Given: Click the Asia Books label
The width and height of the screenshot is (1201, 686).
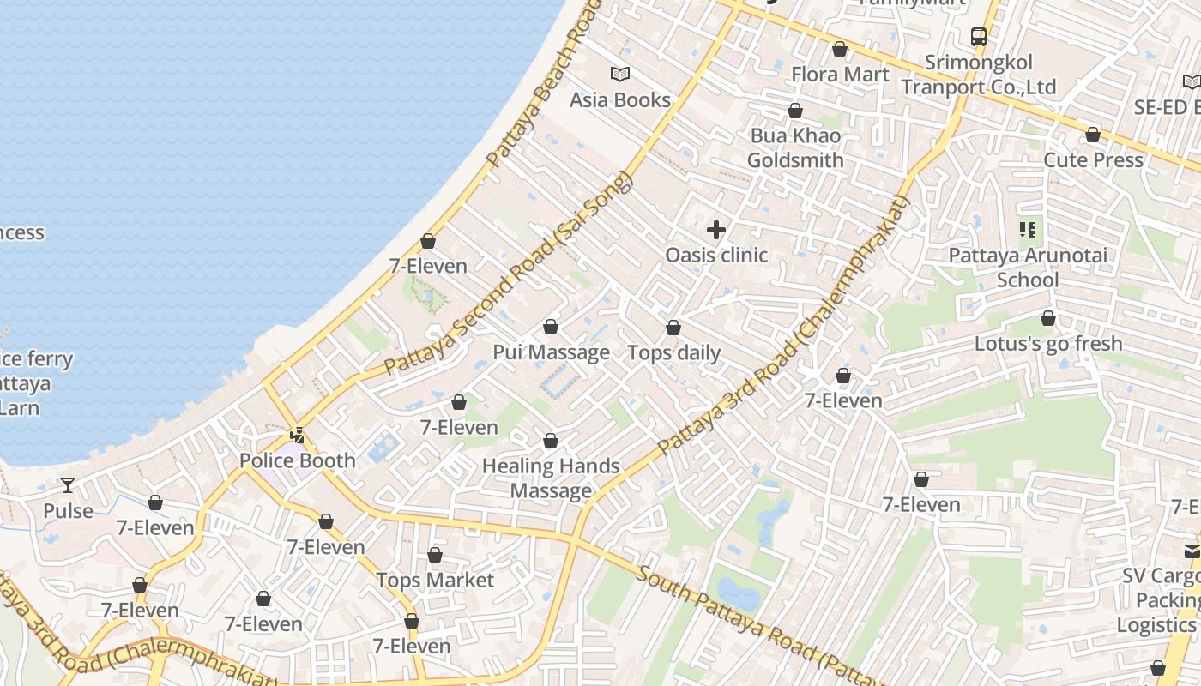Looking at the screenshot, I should point(620,100).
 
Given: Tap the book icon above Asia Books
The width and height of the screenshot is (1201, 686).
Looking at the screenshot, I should point(620,75).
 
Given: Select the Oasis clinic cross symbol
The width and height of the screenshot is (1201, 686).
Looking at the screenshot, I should point(716,230).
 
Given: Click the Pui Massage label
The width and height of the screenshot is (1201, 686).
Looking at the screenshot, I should point(551,352).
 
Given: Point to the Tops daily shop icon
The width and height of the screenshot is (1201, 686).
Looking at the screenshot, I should point(673,328).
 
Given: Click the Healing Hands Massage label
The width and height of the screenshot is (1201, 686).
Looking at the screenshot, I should point(551,478).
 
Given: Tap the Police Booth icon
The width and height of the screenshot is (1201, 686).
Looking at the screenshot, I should point(298,436).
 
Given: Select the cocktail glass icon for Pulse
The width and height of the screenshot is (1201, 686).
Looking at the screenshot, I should point(68,485).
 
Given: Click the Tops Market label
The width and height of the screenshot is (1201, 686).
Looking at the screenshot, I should point(435,581).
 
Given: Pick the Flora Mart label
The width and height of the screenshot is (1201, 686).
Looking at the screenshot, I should point(840,75).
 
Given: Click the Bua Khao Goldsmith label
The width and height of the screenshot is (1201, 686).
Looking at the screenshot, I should point(795,147).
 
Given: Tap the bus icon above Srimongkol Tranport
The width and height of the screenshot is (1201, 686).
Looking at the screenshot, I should point(979,37).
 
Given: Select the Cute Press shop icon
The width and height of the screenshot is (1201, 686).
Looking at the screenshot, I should point(1093,135).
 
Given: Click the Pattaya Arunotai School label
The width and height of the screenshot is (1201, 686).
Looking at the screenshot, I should point(1028,268).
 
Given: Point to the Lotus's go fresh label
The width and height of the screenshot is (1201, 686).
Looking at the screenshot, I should point(1048,344).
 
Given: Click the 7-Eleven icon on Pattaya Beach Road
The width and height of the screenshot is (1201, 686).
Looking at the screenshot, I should point(428,242).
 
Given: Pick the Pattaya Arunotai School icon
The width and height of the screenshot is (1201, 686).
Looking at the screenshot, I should point(1028,230).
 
